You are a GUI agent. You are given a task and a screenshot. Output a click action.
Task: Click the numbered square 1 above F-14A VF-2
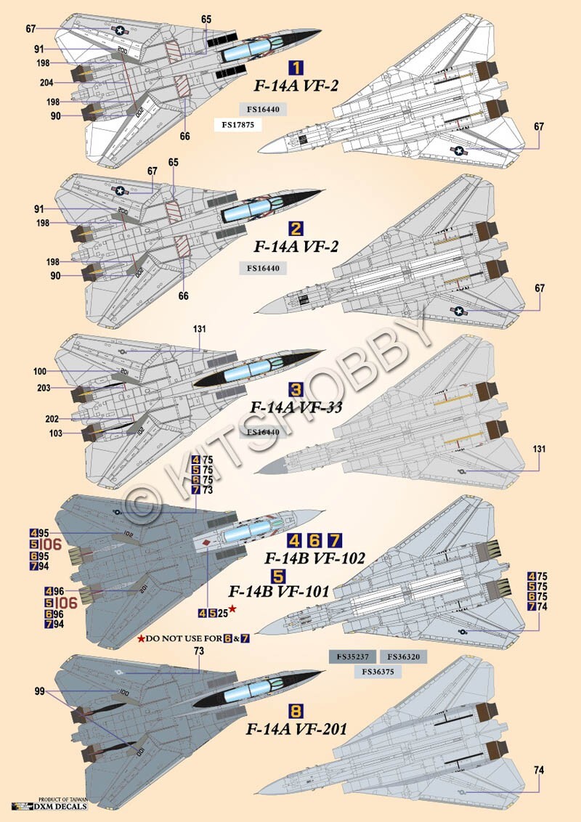(296, 69)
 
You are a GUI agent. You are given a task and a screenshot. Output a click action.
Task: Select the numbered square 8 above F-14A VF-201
(296, 711)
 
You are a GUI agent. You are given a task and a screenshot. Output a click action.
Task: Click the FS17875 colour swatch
(237, 124)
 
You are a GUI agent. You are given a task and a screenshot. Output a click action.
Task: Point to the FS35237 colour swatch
(352, 656)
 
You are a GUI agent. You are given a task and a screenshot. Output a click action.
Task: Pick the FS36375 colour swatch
(378, 672)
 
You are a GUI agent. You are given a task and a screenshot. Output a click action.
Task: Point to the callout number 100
(40, 372)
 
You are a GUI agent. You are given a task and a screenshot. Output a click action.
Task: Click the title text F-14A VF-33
(296, 408)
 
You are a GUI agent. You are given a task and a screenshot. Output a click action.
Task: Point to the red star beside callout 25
(232, 609)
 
